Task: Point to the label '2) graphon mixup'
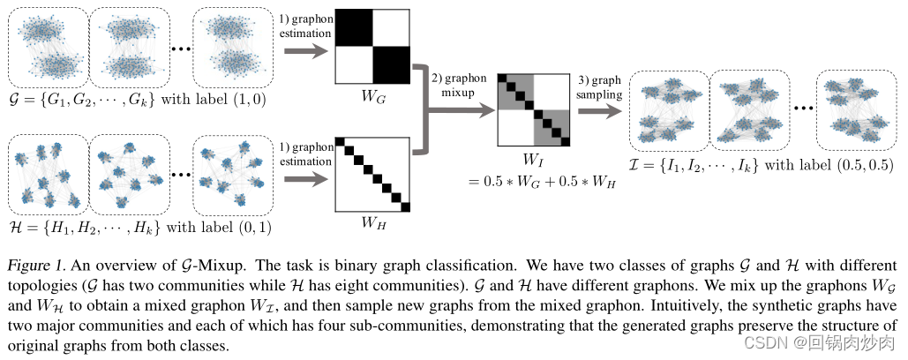[x=460, y=85]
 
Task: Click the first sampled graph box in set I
[x=669, y=110]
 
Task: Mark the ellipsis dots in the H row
[x=179, y=173]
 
